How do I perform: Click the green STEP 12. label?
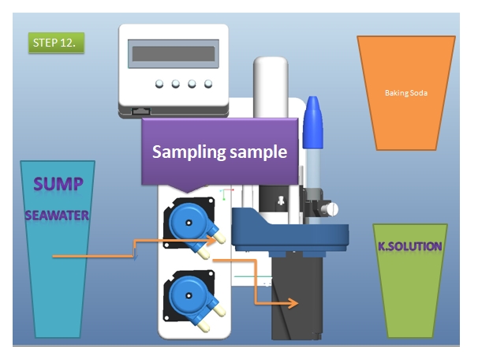click(56, 43)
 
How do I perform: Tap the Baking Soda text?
click(406, 93)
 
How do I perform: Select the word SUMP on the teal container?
click(58, 184)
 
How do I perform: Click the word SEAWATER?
click(57, 216)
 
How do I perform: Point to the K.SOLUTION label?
click(410, 246)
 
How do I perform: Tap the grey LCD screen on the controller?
click(174, 54)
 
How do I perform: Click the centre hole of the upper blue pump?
click(189, 223)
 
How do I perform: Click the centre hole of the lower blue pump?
click(189, 295)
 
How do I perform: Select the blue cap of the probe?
click(313, 122)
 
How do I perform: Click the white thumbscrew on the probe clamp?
click(331, 209)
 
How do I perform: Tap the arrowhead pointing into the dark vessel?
click(293, 303)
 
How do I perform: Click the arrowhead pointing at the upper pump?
click(212, 241)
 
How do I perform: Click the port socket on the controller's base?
click(140, 111)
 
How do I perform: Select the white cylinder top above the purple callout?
click(271, 87)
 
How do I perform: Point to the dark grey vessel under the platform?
click(297, 298)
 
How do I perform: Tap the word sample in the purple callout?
click(258, 152)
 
